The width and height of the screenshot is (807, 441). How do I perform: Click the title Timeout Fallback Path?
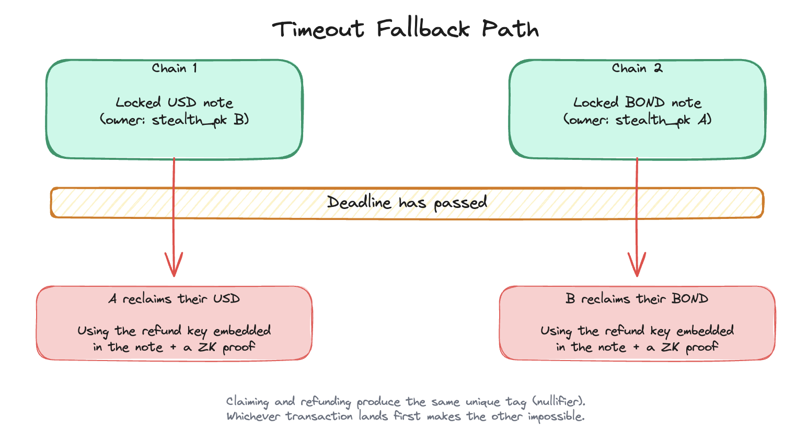click(x=405, y=29)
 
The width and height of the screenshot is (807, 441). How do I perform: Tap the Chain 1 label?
click(x=174, y=68)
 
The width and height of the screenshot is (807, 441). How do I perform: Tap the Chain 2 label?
click(x=637, y=68)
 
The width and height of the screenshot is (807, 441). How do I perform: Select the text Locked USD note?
click(x=174, y=102)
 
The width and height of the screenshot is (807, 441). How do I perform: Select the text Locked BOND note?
click(x=637, y=102)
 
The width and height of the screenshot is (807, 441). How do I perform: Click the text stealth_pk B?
click(x=200, y=120)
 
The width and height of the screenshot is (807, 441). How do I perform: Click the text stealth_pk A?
click(x=663, y=120)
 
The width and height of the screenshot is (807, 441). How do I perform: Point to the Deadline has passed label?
click(x=407, y=202)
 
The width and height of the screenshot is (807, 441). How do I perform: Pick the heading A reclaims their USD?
click(x=174, y=299)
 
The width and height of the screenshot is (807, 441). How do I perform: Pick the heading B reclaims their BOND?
click(x=637, y=299)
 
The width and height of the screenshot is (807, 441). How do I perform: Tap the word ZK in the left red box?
click(x=207, y=347)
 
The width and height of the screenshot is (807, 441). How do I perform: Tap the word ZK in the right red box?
click(x=671, y=347)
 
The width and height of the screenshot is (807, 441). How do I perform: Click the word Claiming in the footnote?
click(x=247, y=402)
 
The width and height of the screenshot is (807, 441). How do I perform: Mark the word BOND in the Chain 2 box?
click(x=645, y=102)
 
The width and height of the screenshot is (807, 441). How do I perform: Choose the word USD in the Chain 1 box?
click(x=182, y=102)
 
